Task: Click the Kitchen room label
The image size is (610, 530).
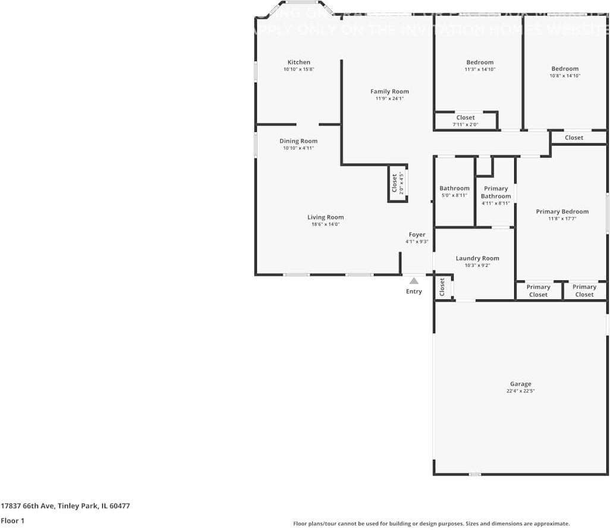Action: tap(298, 62)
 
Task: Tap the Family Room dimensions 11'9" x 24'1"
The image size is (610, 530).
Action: tap(389, 99)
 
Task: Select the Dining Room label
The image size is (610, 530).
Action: tap(298, 141)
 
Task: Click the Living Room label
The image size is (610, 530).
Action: tap(325, 217)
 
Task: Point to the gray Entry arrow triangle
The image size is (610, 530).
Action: tap(414, 281)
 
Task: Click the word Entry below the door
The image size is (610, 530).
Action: tap(414, 291)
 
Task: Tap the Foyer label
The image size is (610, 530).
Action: tap(417, 235)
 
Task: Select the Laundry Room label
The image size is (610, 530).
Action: tap(477, 258)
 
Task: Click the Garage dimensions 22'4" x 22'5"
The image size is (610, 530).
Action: tap(520, 391)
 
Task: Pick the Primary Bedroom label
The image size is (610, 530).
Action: tap(562, 212)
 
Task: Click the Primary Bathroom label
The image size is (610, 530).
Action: tap(496, 193)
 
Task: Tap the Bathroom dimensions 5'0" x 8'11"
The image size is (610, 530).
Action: tap(454, 195)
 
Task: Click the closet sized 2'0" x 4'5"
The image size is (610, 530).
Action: tap(397, 184)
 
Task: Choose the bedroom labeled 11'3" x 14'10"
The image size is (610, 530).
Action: tap(480, 65)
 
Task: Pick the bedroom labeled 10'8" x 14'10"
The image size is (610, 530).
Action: tap(564, 72)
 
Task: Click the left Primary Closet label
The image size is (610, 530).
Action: tap(538, 291)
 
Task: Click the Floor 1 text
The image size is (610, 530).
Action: tap(13, 520)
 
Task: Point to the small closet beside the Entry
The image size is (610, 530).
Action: tap(442, 288)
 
